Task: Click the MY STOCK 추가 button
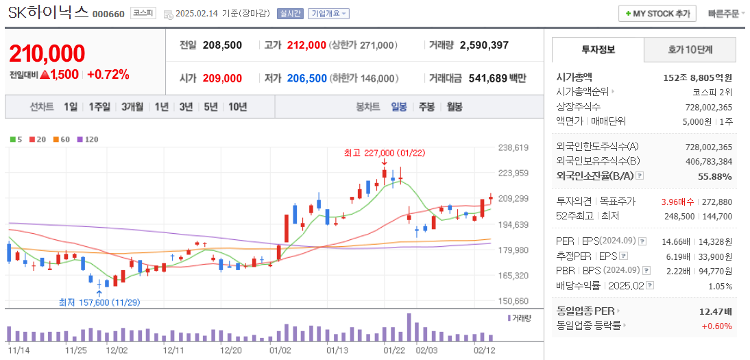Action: tap(657, 14)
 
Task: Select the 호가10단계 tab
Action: tap(690, 50)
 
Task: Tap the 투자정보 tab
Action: tap(598, 50)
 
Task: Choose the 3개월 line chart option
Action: tap(132, 107)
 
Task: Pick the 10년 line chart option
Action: tap(238, 107)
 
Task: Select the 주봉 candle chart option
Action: tap(426, 107)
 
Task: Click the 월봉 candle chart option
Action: tap(454, 107)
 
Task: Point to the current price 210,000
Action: tap(47, 53)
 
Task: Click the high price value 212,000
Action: tap(306, 45)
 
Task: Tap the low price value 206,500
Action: tap(306, 79)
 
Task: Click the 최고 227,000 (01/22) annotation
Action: tap(384, 153)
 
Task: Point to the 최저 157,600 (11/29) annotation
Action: tap(99, 302)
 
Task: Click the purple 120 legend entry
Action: tap(88, 139)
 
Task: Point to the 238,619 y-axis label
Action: tap(513, 147)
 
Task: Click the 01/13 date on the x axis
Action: tap(337, 350)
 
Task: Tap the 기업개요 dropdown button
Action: tap(329, 14)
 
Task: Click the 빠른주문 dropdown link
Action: tap(725, 14)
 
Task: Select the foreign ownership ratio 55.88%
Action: tap(714, 177)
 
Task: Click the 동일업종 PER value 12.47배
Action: tap(715, 311)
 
